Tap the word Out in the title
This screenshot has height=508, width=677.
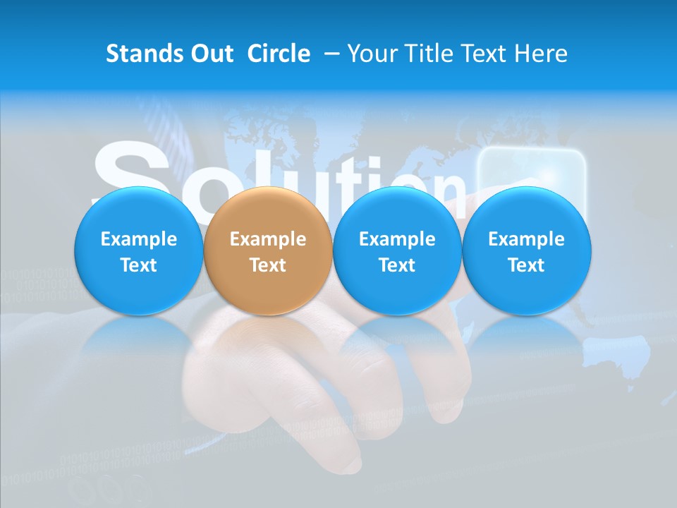click(x=210, y=54)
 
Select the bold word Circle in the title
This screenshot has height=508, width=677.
click(x=279, y=54)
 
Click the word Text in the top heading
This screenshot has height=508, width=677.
click(x=487, y=54)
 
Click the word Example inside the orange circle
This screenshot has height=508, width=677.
click(x=267, y=239)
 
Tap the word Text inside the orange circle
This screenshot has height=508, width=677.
click(x=267, y=265)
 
